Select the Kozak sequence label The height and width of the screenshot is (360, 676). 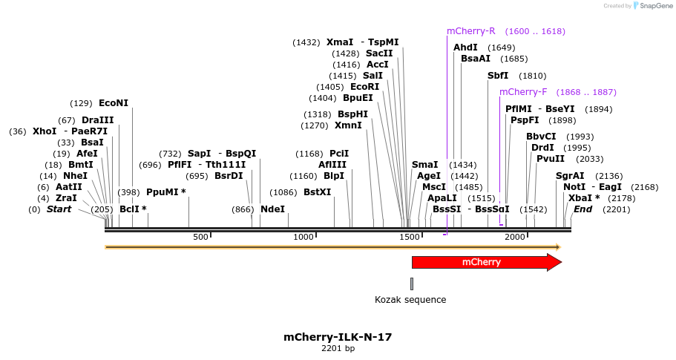point(410,300)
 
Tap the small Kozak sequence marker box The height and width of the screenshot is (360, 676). point(412,284)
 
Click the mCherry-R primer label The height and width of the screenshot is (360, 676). point(470,31)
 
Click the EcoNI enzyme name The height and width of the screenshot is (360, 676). point(114,103)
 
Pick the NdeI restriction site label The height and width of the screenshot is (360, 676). point(272,209)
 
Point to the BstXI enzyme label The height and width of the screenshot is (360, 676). point(318,192)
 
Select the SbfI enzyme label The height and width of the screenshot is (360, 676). point(498,76)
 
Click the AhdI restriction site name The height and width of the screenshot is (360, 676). point(465,48)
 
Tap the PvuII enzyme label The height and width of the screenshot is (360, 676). point(551,159)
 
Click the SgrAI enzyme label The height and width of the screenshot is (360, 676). point(570,176)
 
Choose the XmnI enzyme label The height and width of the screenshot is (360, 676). point(349,125)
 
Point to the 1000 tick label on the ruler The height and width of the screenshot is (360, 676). point(303,237)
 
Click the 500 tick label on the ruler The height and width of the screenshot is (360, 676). point(200,237)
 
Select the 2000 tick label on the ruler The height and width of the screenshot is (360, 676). point(515,237)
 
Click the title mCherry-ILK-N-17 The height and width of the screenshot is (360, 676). point(338,337)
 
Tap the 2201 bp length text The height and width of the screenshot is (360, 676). point(338,348)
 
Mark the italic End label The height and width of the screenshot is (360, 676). point(583,209)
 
